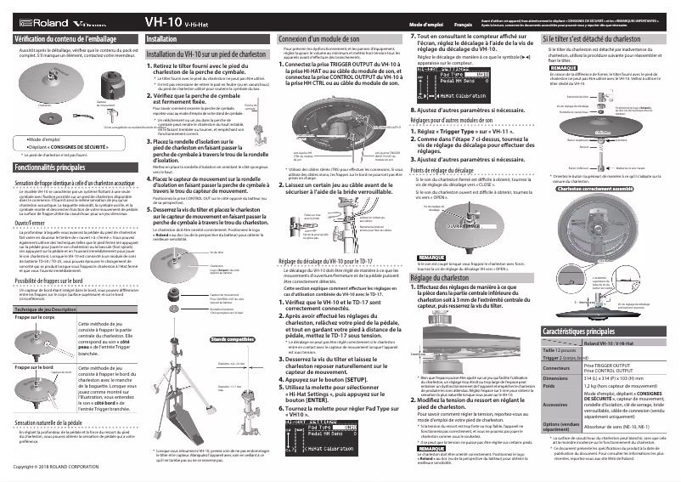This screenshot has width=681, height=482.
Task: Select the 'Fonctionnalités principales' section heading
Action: (x=56, y=168)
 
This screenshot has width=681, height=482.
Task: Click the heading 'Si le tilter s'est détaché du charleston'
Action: (x=590, y=40)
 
